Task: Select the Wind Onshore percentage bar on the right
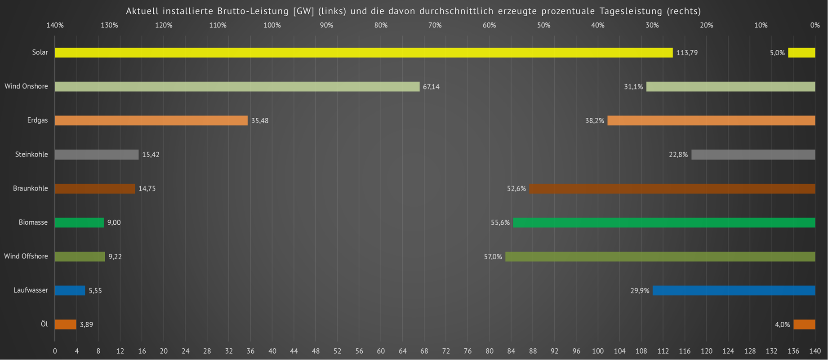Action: coord(730,87)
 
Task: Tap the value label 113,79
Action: coord(687,53)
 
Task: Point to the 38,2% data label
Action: coord(594,121)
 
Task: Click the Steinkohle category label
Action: coord(31,155)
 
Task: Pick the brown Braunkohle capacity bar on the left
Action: coord(95,189)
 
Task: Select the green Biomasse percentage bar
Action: coord(664,222)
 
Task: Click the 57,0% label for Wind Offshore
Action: coord(493,257)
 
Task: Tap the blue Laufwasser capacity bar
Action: coord(70,290)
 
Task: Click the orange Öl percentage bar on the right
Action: coord(804,324)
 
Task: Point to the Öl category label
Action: coord(44,324)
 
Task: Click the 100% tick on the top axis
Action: coord(272,25)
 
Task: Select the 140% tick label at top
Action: coord(55,25)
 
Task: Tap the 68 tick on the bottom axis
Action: coord(424,351)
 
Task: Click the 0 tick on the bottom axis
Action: coord(55,351)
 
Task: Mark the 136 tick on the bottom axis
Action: coord(793,351)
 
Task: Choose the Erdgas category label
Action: coord(37,120)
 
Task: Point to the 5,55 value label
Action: coord(95,291)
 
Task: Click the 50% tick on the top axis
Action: coord(543,25)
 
